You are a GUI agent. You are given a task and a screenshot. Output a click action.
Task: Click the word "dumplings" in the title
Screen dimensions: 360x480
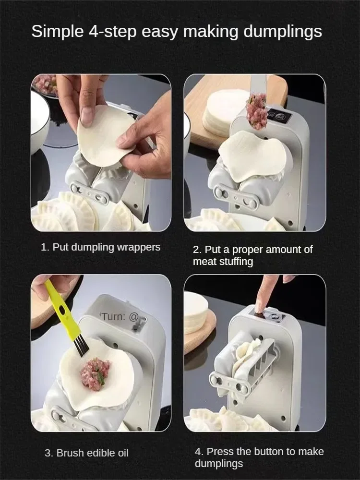tap(283, 32)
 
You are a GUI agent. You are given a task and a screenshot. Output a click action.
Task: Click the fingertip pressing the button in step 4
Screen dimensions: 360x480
tap(259, 307)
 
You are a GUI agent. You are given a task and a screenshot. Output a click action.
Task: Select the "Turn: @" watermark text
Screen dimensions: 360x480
tap(120, 316)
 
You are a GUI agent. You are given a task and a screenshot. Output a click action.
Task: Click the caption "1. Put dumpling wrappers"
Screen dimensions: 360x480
tap(100, 247)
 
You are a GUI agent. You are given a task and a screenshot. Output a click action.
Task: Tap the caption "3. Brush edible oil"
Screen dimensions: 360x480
tap(86, 453)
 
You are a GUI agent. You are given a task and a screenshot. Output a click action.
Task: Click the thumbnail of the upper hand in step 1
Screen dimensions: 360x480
tap(86, 117)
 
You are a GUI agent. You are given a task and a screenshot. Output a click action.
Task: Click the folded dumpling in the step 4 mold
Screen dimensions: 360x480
tap(247, 356)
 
